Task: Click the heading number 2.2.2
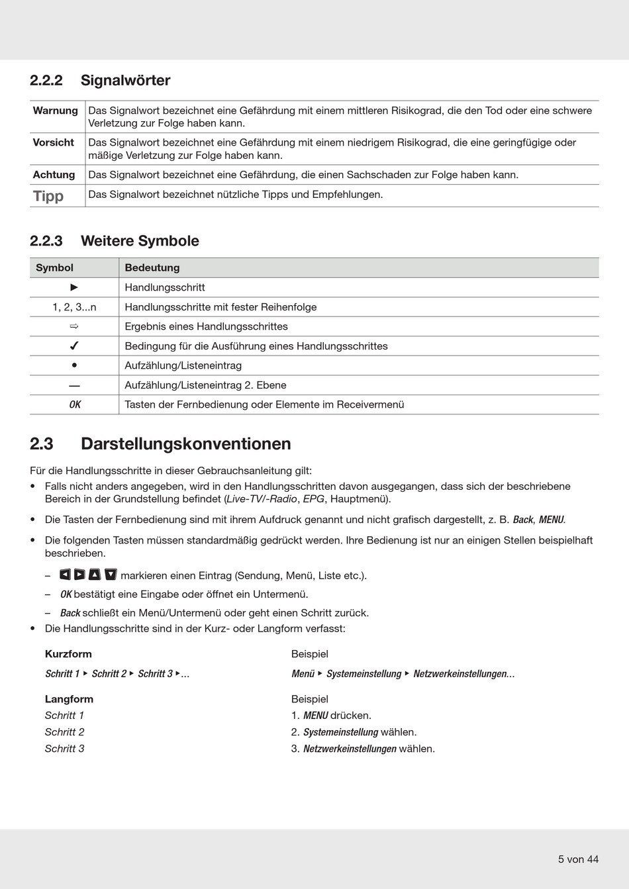coord(46,81)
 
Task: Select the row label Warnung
coord(55,111)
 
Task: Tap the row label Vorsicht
coord(53,142)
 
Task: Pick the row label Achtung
coord(54,175)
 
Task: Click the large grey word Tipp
coord(48,196)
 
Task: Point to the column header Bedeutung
coord(152,267)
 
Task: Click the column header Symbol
coord(54,267)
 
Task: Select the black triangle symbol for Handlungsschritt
coord(74,287)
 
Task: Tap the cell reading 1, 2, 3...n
coord(74,307)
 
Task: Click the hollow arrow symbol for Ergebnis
coord(74,326)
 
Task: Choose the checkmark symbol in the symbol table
coord(74,346)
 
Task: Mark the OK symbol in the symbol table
coord(75,404)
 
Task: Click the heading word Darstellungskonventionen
coord(185,444)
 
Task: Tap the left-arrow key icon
coord(65,575)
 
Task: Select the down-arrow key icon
coord(111,575)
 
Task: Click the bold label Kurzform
coord(68,654)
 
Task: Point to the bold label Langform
coord(69,699)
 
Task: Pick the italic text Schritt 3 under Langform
coord(64,749)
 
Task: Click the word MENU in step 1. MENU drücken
coord(315,716)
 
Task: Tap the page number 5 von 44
coord(578,859)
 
